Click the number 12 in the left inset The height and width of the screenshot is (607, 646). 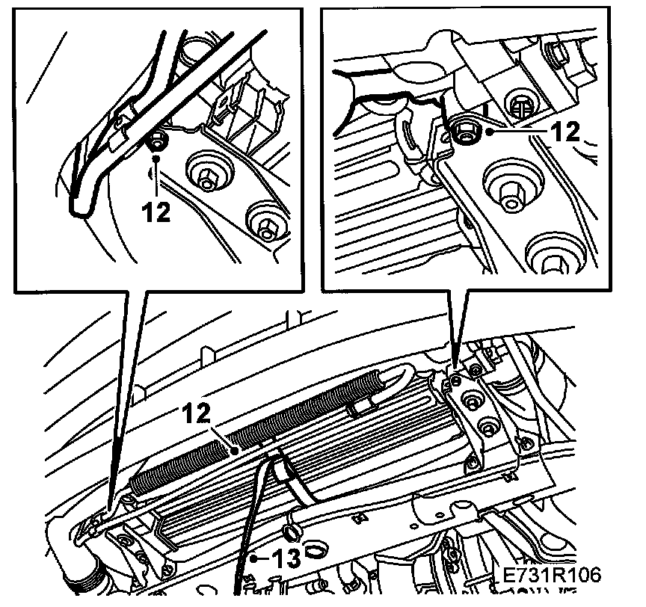pos(156,212)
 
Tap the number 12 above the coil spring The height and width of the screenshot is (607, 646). pos(196,414)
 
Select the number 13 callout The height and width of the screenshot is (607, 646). pos(286,559)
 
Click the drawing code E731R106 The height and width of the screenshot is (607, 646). pos(552,574)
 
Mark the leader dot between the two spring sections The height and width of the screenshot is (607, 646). pos(235,452)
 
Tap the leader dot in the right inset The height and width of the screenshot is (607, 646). pos(490,132)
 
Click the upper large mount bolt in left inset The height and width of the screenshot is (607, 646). pos(209,173)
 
